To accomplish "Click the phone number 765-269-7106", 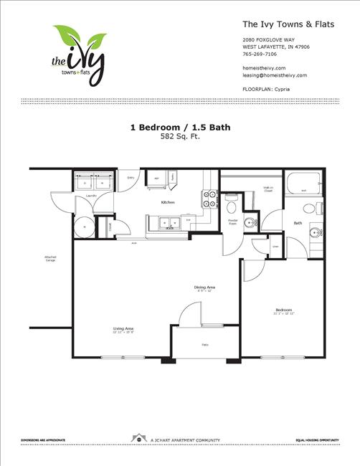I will (x=260, y=54).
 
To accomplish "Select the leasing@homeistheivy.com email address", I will (x=275, y=75).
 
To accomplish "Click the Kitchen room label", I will (x=168, y=203).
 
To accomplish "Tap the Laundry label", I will (x=91, y=195).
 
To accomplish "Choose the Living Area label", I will (x=123, y=329).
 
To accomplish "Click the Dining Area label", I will (x=205, y=287).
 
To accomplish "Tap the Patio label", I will (x=205, y=346).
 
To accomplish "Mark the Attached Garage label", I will (x=49, y=259).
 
